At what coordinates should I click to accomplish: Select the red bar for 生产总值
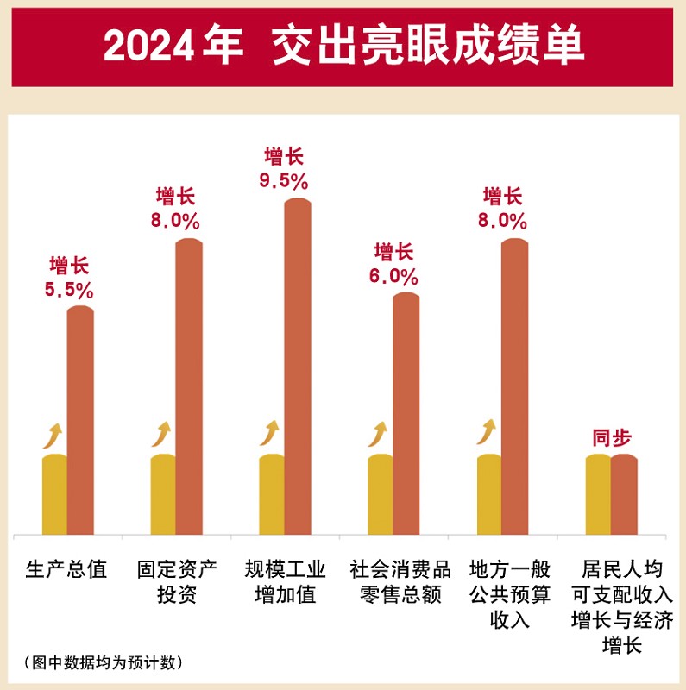(80, 420)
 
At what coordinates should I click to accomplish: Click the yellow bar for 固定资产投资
(163, 494)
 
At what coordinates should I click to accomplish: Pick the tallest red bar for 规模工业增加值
(298, 367)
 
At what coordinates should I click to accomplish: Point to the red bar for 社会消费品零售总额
(406, 414)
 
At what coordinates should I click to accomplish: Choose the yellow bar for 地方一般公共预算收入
(489, 494)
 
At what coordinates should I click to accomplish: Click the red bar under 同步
(624, 494)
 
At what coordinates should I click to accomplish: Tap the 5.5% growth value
(69, 291)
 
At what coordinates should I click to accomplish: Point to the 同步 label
(611, 437)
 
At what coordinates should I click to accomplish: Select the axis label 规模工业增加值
(285, 582)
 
